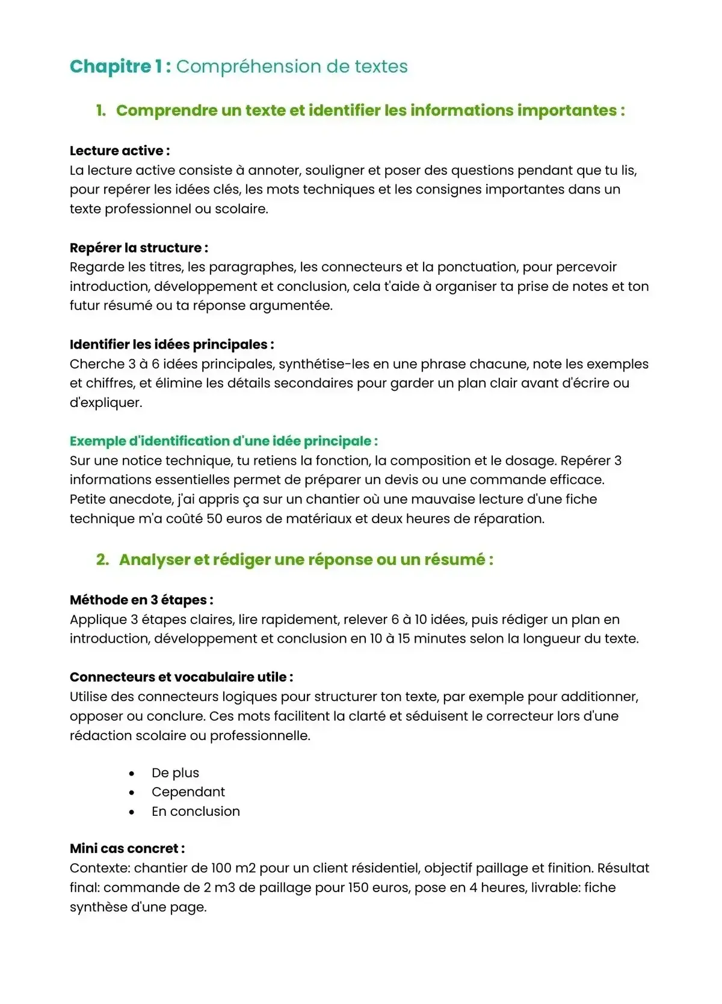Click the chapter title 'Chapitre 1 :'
tap(120, 66)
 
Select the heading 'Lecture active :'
tap(120, 151)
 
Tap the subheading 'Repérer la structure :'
tap(139, 248)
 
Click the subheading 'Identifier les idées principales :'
tap(172, 344)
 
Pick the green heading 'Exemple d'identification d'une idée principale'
tap(223, 441)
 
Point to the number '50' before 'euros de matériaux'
tap(214, 519)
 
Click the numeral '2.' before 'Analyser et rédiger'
tap(103, 560)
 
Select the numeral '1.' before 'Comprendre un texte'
tap(101, 111)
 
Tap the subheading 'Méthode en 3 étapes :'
tap(141, 600)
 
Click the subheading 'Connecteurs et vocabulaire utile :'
tap(181, 677)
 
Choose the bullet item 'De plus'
tap(175, 773)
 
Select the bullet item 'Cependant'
tap(188, 792)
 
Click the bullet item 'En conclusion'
tap(196, 812)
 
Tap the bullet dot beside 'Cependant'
tap(132, 793)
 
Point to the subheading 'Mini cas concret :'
tap(127, 849)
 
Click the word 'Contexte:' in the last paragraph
tap(100, 868)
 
